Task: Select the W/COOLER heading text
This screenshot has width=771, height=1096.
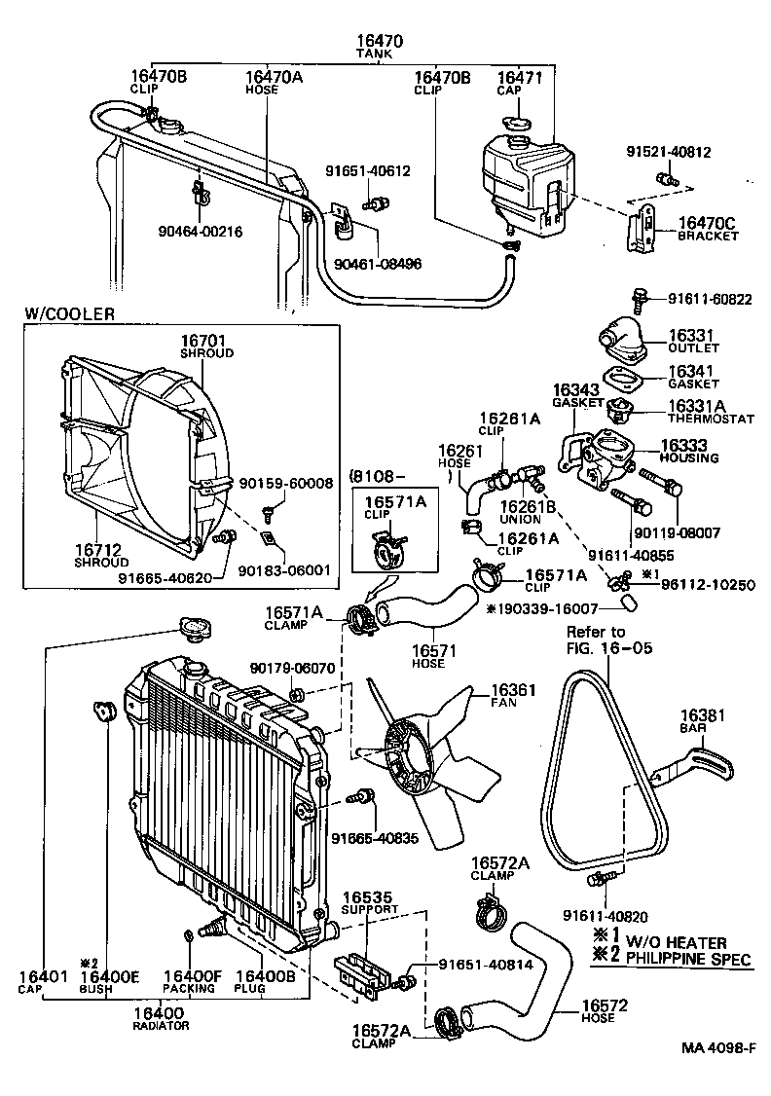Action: point(69,314)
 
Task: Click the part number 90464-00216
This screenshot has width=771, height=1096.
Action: point(200,233)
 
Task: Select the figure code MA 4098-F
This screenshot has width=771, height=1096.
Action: point(718,1048)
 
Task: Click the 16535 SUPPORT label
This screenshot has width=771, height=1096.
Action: point(368,902)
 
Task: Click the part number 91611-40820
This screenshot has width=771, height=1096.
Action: point(605,916)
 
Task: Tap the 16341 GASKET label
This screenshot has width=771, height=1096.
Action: point(692,378)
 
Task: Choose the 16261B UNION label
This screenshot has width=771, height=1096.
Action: point(527,513)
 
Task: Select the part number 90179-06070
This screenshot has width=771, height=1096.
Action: point(292,669)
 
